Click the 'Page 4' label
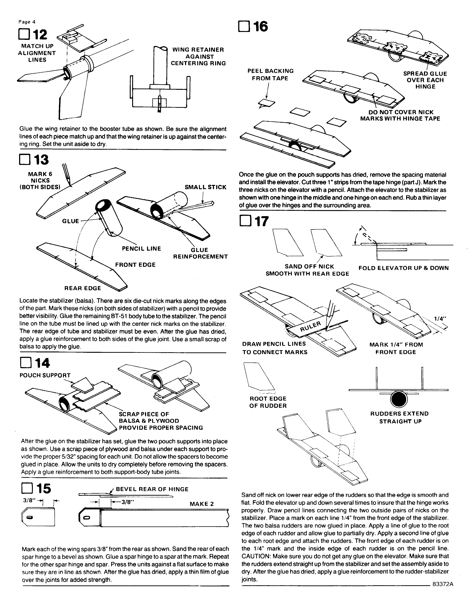coord(27,22)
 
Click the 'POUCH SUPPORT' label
coord(45,375)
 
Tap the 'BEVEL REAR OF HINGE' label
coord(152,489)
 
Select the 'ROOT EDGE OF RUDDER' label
coord(268,402)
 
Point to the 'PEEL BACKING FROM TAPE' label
coord(270,75)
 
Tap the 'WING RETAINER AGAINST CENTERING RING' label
coord(198,56)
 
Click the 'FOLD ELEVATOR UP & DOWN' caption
coord(403,268)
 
